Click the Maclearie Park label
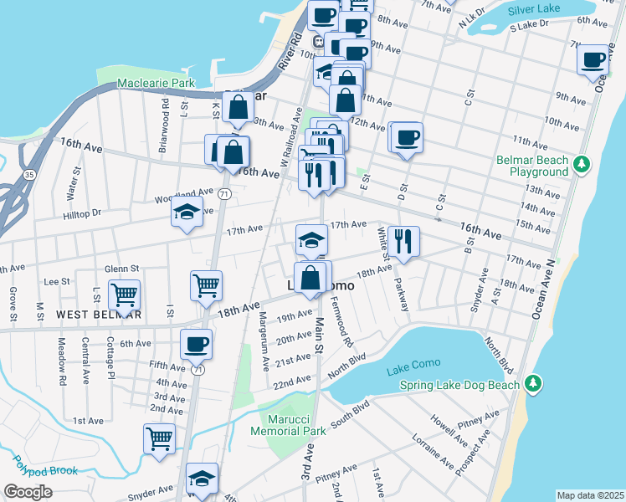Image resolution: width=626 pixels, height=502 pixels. click(156, 83)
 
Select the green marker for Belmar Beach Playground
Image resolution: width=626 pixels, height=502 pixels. click(589, 161)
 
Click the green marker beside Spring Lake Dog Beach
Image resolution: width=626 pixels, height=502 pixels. click(533, 384)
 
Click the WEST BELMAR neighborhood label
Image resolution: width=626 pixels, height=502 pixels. click(99, 314)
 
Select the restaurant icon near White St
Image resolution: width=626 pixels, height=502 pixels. click(404, 241)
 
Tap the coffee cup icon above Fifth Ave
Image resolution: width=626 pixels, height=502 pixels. click(196, 343)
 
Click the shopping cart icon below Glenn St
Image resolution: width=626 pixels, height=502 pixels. click(124, 295)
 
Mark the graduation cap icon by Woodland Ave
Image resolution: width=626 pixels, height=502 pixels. click(187, 213)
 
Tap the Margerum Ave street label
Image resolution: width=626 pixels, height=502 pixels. click(264, 330)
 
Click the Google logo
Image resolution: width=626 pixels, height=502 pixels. click(28, 492)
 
